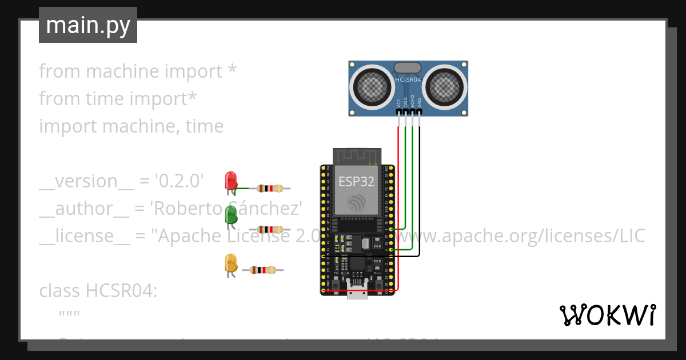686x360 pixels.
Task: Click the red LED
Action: (231, 181)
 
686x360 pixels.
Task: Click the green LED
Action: (231, 215)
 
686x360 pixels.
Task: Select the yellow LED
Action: (231, 263)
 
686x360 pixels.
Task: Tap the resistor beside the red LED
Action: (270, 188)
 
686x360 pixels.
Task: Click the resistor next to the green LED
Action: (270, 229)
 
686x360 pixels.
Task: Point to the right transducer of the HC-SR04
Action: (444, 87)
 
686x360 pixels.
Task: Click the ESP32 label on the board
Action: (356, 182)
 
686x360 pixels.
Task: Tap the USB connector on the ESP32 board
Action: (357, 293)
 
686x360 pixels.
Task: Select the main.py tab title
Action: (88, 25)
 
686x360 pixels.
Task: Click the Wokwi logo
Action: (607, 315)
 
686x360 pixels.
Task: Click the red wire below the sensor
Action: (398, 171)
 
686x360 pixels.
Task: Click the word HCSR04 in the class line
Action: (121, 291)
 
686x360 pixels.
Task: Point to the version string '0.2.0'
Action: (180, 181)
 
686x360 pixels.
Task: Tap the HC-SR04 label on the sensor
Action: (408, 80)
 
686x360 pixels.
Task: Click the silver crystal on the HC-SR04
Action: (408, 68)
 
